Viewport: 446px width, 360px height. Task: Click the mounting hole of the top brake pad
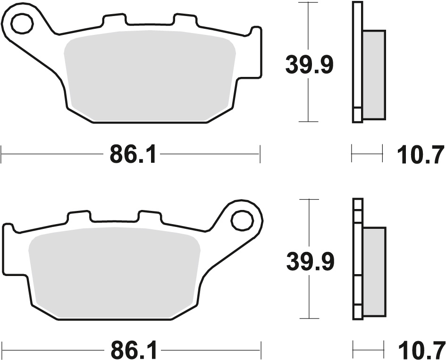click(21, 24)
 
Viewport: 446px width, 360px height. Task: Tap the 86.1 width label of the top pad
click(133, 154)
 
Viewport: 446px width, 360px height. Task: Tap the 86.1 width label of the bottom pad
click(134, 351)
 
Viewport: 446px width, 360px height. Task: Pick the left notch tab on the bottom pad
click(79, 217)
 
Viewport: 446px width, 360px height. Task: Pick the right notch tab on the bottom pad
click(150, 217)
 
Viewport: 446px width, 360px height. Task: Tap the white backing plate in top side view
click(357, 61)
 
